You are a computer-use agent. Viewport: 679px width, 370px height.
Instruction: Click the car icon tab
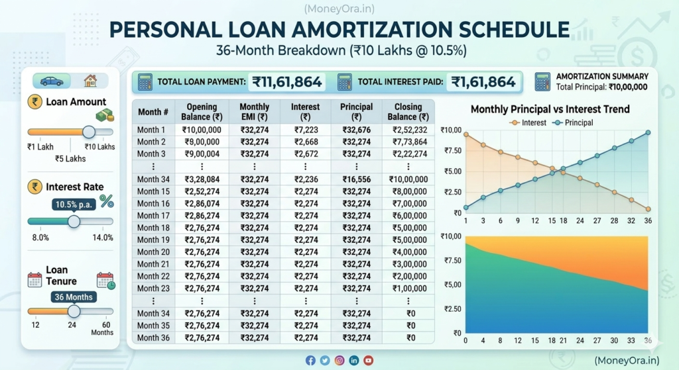coord(52,81)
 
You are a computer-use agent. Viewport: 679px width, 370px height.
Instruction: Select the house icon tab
coord(90,81)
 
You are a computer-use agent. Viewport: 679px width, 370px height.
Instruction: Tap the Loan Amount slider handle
coord(88,132)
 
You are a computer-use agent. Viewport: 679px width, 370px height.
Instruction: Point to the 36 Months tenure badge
coord(74,297)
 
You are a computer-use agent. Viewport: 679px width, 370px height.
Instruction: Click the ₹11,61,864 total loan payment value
coord(286,82)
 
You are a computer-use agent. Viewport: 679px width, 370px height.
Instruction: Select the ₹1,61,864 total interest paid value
coord(483,82)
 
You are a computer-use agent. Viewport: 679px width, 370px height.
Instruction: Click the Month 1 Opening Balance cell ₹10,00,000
coord(202,130)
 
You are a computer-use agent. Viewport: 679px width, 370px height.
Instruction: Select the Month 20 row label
coord(153,252)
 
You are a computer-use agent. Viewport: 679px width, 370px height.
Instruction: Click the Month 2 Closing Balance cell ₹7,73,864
coord(409,142)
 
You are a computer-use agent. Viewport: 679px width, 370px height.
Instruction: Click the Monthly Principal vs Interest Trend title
coord(550,109)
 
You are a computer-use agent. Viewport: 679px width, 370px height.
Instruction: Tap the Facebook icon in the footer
coord(310,360)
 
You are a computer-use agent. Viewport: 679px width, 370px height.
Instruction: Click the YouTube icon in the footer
coord(368,360)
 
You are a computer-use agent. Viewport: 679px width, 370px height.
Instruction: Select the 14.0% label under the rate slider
coord(103,238)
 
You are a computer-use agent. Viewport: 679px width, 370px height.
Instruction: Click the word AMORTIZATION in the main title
coord(377,30)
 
